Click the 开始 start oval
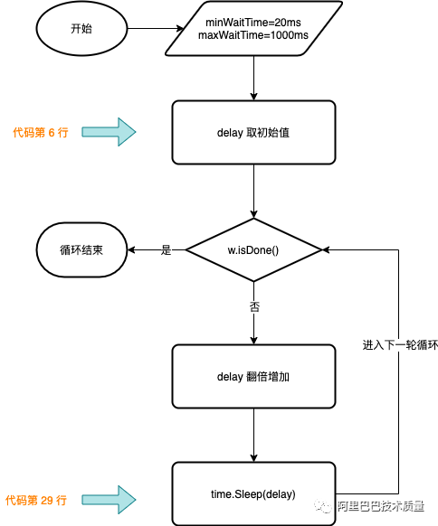[x=81, y=29]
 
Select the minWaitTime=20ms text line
[x=253, y=23]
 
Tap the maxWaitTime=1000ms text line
[x=253, y=35]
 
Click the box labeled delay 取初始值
[x=253, y=133]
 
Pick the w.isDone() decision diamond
[x=253, y=250]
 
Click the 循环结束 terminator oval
[x=81, y=250]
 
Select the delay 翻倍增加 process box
[x=253, y=376]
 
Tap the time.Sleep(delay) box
[x=253, y=493]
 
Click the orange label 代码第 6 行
[x=41, y=133]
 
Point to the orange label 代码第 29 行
[x=36, y=500]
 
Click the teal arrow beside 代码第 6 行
[x=109, y=132]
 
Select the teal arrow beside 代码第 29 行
[x=109, y=500]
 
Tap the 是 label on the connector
[x=166, y=250]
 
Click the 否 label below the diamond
[x=254, y=306]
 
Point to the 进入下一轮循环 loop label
[x=400, y=345]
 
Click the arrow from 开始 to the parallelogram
[x=156, y=29]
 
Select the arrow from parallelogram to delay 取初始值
[x=254, y=78]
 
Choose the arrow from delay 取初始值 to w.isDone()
[x=254, y=192]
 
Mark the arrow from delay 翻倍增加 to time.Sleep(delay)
[x=254, y=435]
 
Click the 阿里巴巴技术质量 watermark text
[x=381, y=506]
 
